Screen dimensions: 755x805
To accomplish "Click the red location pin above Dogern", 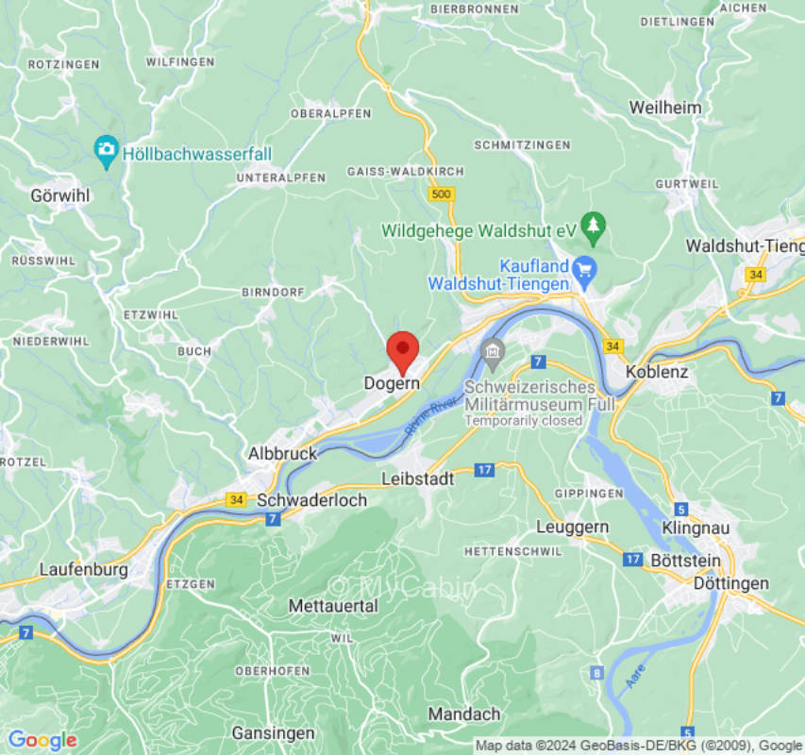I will pyautogui.click(x=403, y=351).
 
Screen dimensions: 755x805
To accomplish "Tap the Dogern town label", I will pyautogui.click(x=392, y=384).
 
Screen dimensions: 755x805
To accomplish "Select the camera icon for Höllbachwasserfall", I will pyautogui.click(x=107, y=149).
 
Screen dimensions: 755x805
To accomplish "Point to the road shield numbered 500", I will pyautogui.click(x=440, y=193).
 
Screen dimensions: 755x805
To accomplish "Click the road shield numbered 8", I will pyautogui.click(x=596, y=673).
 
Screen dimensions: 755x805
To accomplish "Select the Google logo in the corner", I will pyautogui.click(x=42, y=740).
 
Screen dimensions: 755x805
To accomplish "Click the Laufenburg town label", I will pyautogui.click(x=83, y=570).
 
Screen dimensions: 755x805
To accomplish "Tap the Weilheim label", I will pyautogui.click(x=665, y=108).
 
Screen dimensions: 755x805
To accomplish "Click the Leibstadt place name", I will pyautogui.click(x=417, y=478).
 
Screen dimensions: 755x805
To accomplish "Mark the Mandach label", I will pyautogui.click(x=463, y=714).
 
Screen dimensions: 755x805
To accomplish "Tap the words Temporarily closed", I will pyautogui.click(x=523, y=421).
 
